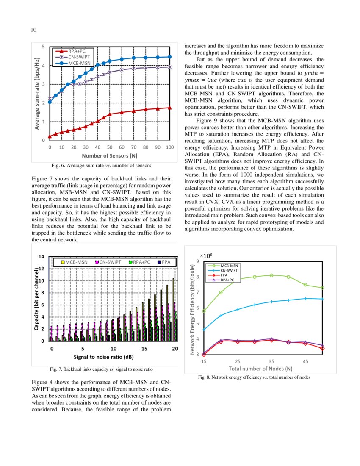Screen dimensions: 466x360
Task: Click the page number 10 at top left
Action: tap(33, 29)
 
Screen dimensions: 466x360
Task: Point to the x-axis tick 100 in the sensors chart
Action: tap(170, 147)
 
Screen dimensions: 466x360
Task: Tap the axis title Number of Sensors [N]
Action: tap(110, 155)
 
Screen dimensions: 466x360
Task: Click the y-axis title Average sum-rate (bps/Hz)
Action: tap(37, 93)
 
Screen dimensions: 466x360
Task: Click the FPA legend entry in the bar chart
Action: tap(166, 262)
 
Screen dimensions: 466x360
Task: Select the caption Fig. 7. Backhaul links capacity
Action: tap(101, 369)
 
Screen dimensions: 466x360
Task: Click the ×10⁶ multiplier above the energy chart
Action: tap(206, 256)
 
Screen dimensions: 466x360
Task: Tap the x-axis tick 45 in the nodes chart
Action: tap(305, 361)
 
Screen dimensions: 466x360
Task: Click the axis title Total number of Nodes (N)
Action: tap(260, 369)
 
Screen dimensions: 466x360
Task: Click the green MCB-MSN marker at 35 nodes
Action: tap(271, 275)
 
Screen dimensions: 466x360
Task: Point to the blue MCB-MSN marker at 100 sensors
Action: tap(170, 57)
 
